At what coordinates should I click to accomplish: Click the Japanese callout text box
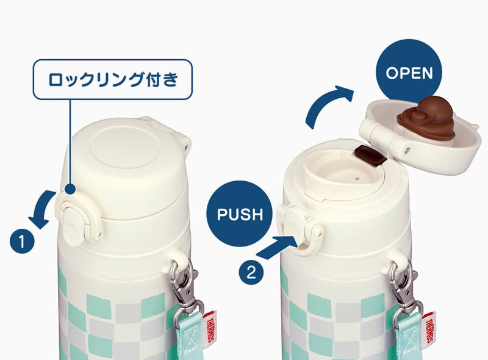[x=113, y=79]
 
